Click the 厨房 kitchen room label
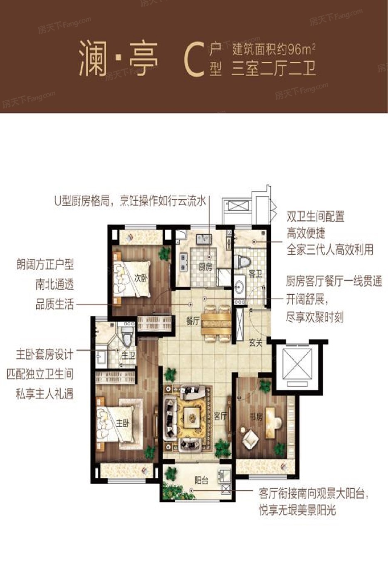click(205, 267)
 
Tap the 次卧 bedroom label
click(141, 278)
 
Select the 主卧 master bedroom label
click(122, 423)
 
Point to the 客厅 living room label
click(220, 416)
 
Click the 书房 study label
click(256, 417)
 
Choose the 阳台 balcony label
click(201, 480)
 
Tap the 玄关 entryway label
click(255, 343)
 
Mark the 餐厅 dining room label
click(193, 321)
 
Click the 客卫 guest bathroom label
click(255, 274)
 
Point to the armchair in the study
click(250, 440)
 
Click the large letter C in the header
click(194, 60)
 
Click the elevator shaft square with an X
click(297, 364)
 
